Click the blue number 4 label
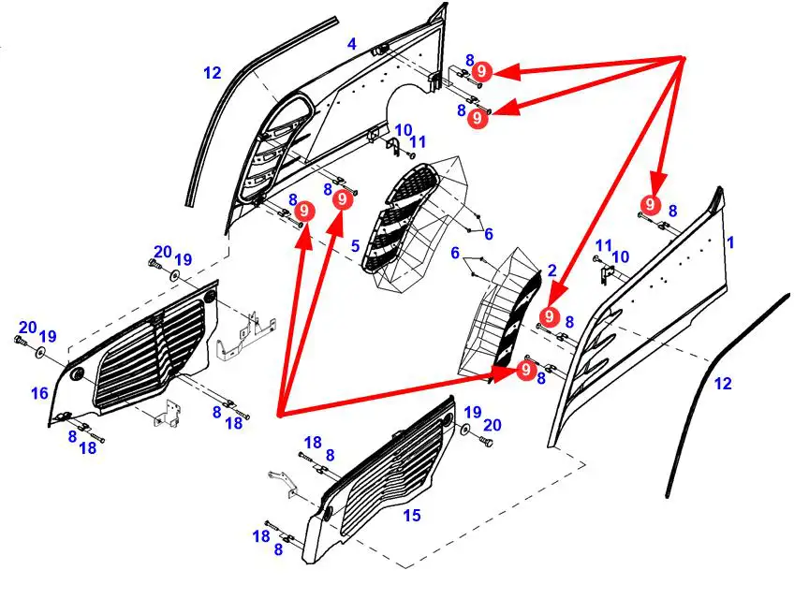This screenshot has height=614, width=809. pyautogui.click(x=352, y=44)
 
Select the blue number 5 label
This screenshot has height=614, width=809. pyautogui.click(x=355, y=246)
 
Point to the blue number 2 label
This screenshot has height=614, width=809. pyautogui.click(x=552, y=270)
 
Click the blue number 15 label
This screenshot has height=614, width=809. pyautogui.click(x=411, y=516)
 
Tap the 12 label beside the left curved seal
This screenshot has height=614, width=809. pyautogui.click(x=213, y=72)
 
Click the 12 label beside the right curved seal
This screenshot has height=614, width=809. pyautogui.click(x=723, y=383)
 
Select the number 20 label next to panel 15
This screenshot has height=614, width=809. pyautogui.click(x=493, y=425)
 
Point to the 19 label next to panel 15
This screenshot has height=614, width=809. pyautogui.click(x=473, y=412)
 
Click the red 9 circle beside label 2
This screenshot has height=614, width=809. pyautogui.click(x=550, y=316)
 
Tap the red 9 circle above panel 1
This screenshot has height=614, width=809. pyautogui.click(x=649, y=205)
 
